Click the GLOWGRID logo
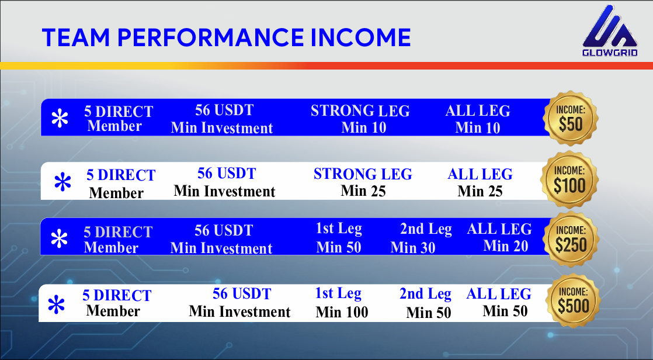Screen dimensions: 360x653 pyautogui.click(x=610, y=32)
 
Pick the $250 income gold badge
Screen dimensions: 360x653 pyautogui.click(x=571, y=240)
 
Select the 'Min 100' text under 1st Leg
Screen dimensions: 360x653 pyautogui.click(x=342, y=313)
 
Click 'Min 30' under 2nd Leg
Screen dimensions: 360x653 pyautogui.click(x=413, y=248)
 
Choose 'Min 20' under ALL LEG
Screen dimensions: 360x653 pyautogui.click(x=505, y=247)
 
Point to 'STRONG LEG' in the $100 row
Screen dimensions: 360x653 pyautogui.click(x=363, y=174)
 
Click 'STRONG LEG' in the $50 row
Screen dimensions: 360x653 pyautogui.click(x=360, y=111)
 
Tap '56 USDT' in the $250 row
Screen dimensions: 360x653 pyautogui.click(x=224, y=231)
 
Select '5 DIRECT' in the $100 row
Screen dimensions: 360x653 pyautogui.click(x=121, y=175)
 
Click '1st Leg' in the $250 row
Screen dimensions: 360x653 pyautogui.click(x=339, y=229)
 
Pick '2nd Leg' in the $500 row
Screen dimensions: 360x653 pyautogui.click(x=425, y=294)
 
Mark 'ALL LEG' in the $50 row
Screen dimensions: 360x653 pyautogui.click(x=478, y=111)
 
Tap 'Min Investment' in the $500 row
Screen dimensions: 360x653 pyautogui.click(x=239, y=312)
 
